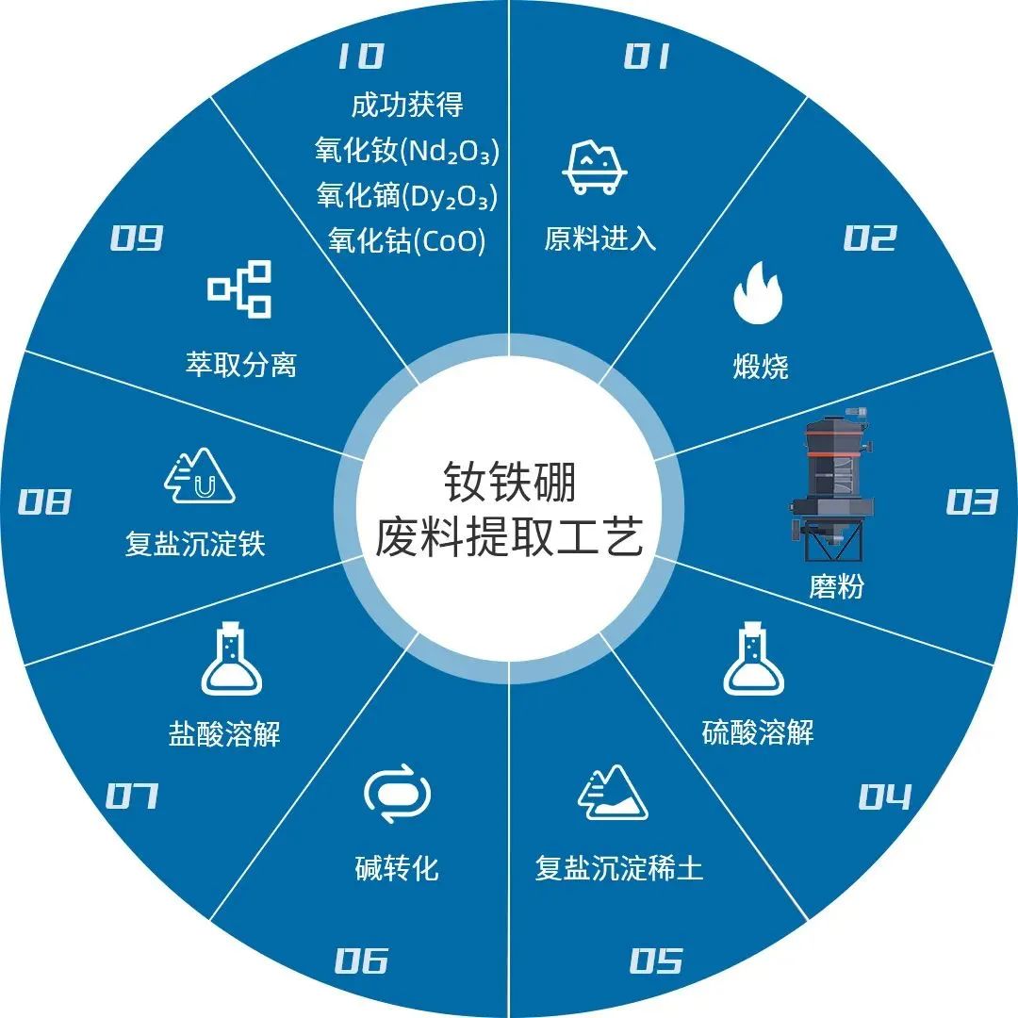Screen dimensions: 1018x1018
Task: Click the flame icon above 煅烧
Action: click(758, 292)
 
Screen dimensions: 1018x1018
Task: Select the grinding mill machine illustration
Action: click(831, 484)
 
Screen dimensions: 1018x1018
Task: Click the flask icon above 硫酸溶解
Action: click(754, 658)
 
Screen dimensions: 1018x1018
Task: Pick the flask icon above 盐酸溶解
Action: click(231, 658)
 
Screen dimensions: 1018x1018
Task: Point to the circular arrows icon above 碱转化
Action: click(397, 794)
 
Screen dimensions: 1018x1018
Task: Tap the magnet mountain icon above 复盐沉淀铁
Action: click(199, 476)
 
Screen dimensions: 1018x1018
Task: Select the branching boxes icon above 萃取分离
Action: click(239, 289)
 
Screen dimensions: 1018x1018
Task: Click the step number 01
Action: click(647, 56)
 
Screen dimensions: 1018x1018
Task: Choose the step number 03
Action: click(971, 501)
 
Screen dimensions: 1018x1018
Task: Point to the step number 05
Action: click(656, 961)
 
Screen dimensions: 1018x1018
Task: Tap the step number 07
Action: click(132, 796)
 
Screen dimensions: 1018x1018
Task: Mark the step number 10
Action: click(361, 56)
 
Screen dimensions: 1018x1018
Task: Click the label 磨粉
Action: click(836, 586)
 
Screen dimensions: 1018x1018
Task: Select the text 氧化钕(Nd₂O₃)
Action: click(407, 151)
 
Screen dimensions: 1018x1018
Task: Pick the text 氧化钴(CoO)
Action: click(407, 241)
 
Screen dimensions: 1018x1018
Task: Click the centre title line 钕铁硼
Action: click(510, 483)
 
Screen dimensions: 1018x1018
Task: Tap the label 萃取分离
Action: click(241, 364)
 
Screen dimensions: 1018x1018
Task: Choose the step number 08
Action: click(44, 501)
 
